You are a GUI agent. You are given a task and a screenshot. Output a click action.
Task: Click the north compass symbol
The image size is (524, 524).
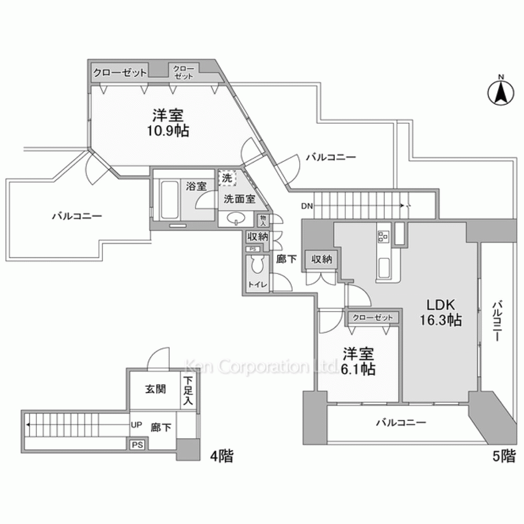500,93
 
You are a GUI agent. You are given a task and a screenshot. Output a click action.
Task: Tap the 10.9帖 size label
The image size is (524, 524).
168,130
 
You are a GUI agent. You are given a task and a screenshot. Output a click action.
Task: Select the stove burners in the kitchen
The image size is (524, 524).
383,237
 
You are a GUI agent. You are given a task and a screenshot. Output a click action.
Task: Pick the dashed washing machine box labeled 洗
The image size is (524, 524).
227,179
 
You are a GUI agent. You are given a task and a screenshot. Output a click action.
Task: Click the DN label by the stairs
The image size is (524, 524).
307,206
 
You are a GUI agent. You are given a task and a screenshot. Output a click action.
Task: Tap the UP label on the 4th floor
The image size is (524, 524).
136,425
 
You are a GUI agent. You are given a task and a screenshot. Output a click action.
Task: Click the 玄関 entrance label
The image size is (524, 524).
155,389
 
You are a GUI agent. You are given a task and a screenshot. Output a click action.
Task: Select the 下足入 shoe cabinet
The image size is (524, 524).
188,390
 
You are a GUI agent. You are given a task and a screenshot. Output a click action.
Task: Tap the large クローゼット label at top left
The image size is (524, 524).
120,72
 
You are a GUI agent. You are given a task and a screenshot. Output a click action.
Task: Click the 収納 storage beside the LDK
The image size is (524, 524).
322,259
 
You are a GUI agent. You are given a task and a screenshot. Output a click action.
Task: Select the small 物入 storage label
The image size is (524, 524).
263,220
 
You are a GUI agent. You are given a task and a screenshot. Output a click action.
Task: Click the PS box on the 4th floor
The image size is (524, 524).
138,444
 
